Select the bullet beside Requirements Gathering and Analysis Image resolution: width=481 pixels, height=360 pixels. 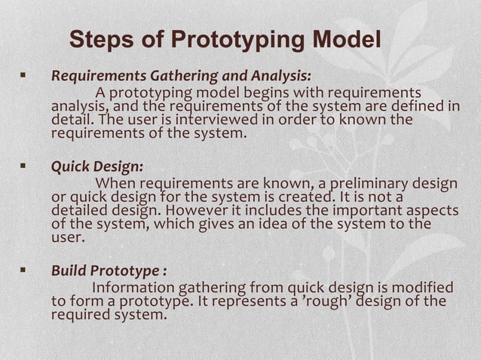pyautogui.click(x=23, y=76)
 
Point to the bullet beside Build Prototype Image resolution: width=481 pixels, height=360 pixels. pyautogui.click(x=23, y=270)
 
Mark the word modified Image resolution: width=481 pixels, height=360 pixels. pyautogui.click(x=422, y=288)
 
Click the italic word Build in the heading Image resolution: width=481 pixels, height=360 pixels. pyautogui.click(x=68, y=270)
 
